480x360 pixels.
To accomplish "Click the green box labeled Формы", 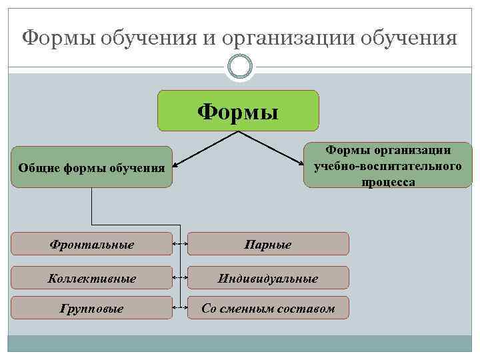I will [238, 110].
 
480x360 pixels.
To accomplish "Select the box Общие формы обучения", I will [91, 167].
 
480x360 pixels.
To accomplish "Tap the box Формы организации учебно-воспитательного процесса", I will [387, 167].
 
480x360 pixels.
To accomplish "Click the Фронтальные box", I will [91, 244].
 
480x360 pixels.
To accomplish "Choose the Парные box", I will [268, 244].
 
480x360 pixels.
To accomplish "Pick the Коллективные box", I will [91, 277].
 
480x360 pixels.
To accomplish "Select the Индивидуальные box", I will [268, 277].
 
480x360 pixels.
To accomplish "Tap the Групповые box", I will [91, 308].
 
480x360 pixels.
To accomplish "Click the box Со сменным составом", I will [268, 308].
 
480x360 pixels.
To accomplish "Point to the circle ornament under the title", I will [239, 65].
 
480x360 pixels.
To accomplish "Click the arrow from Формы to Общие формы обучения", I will [200, 147].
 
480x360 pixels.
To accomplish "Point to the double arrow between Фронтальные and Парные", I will [180, 244].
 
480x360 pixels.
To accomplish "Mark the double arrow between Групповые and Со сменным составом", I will [180, 308].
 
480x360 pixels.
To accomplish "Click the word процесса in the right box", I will [387, 182].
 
